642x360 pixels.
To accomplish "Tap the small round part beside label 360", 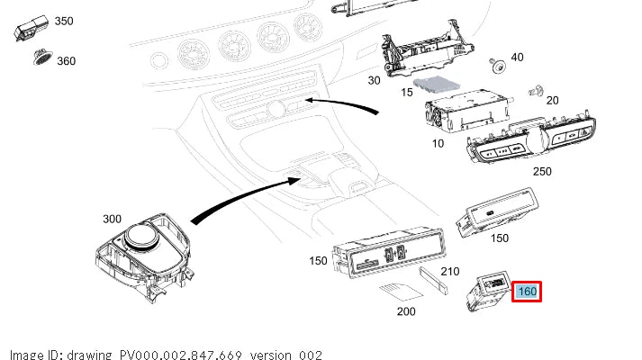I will tap(41, 58).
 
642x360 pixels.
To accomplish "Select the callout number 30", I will tap(375, 80).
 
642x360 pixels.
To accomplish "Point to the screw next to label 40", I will tap(495, 64).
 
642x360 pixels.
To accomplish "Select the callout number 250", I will tap(542, 170).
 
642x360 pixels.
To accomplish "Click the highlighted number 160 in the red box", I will tap(527, 292).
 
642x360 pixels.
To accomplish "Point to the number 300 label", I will tap(113, 219).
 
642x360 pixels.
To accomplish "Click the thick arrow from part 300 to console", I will tap(243, 193).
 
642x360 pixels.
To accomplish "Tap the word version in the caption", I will tap(273, 355).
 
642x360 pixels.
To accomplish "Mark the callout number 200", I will tap(405, 310).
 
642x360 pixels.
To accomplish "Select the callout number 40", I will tap(517, 57).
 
